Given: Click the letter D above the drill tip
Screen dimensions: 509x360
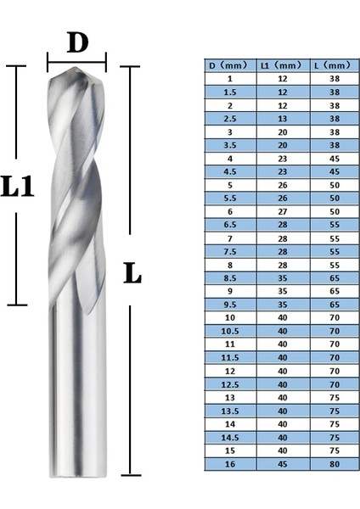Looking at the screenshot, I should tap(77, 42).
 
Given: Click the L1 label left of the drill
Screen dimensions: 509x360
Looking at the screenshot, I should tap(18, 186).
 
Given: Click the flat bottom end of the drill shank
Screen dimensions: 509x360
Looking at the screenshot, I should tap(78, 472).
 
